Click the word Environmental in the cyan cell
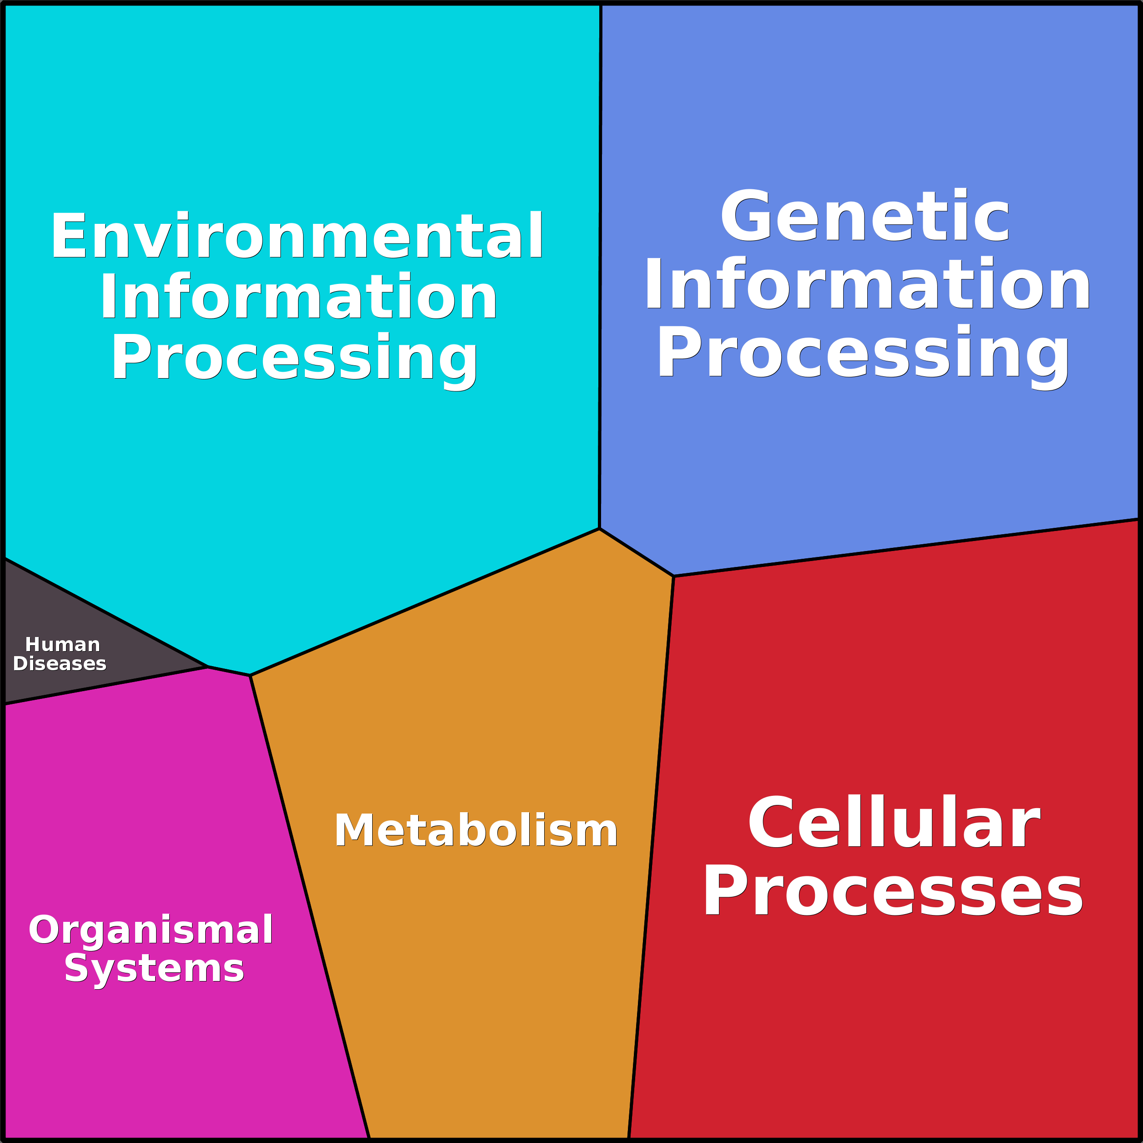[297, 236]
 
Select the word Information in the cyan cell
[299, 297]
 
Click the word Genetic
[865, 216]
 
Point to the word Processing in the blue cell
[863, 353]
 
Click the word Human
[63, 644]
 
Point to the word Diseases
[60, 664]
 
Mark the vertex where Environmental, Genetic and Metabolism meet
[599, 529]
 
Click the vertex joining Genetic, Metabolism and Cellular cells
[673, 576]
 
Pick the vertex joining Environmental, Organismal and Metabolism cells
[250, 676]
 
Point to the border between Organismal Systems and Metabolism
[309, 905]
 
